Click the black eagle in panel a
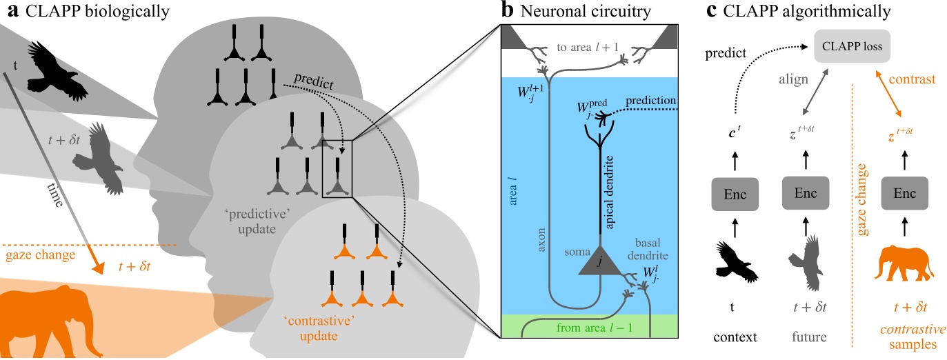click(x=57, y=69)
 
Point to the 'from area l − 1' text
click(x=593, y=328)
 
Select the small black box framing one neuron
click(x=337, y=168)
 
